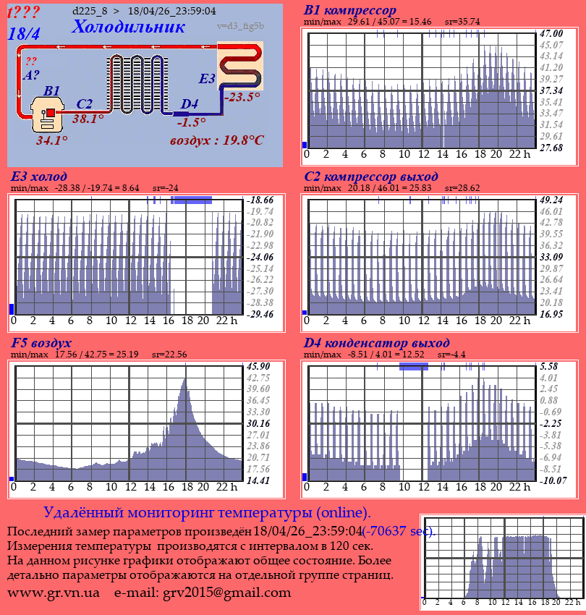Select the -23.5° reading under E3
242,97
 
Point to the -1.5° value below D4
191,122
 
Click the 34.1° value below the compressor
52,140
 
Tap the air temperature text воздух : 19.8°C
216,140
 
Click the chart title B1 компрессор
350,11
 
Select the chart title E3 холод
39,177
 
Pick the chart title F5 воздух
41,343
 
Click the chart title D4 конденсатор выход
377,343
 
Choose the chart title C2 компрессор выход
371,177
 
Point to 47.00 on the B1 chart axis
551,33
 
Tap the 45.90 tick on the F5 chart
258,366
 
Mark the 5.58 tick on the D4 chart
549,366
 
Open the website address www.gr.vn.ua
54,593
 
